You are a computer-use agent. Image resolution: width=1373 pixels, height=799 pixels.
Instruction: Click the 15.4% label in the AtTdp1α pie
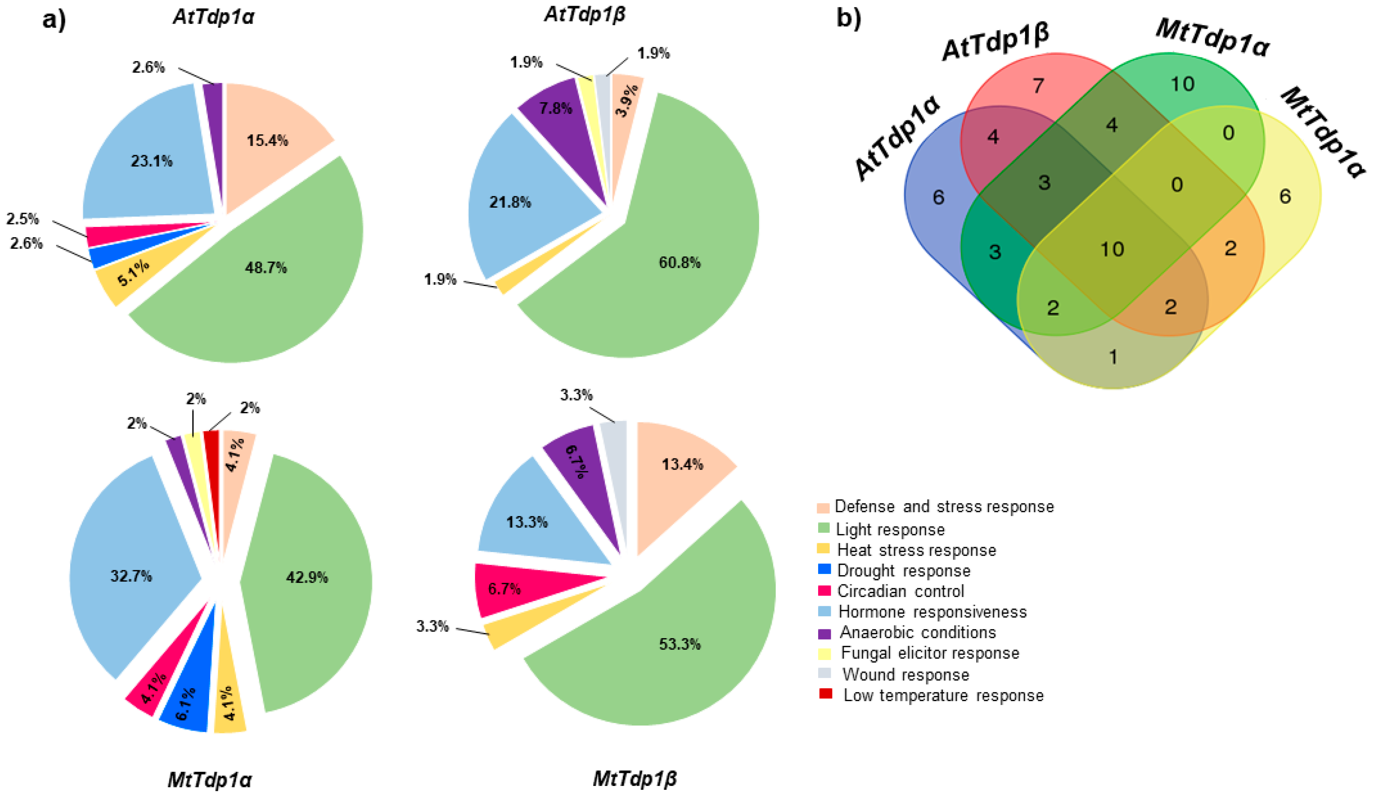pyautogui.click(x=267, y=141)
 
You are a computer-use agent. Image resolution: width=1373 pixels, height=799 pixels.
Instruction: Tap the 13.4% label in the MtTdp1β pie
pyautogui.click(x=682, y=464)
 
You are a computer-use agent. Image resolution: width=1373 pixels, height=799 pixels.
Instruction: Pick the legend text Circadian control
pyautogui.click(x=900, y=591)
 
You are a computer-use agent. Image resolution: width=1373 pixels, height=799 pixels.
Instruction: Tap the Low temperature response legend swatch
pyautogui.click(x=825, y=694)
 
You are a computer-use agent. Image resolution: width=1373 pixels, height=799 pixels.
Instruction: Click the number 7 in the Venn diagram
pyautogui.click(x=1038, y=86)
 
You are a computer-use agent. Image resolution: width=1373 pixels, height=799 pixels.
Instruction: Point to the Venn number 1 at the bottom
pyautogui.click(x=1113, y=357)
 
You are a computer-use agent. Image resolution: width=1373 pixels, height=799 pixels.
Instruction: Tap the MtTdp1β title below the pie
pyautogui.click(x=635, y=778)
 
